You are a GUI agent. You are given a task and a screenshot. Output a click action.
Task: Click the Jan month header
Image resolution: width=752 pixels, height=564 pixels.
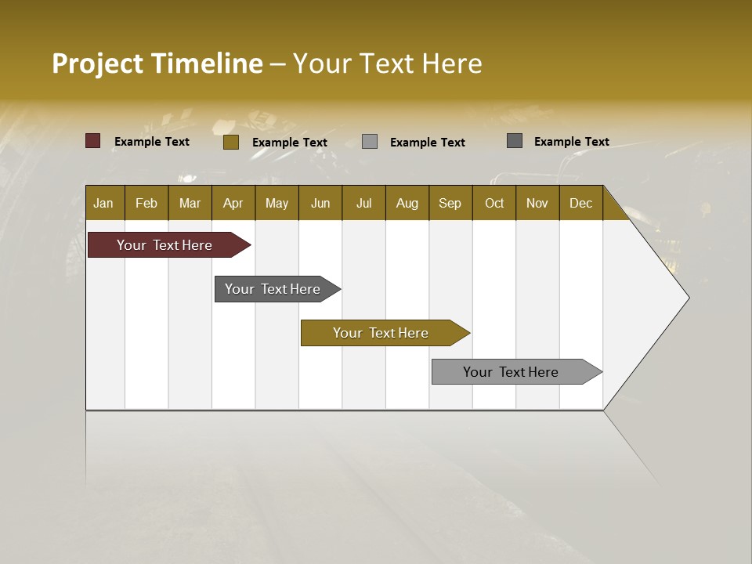[103, 203]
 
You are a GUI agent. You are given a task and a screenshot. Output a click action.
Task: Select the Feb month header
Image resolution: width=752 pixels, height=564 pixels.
[146, 203]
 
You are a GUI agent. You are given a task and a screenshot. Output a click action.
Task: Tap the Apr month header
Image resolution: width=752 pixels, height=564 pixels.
[233, 203]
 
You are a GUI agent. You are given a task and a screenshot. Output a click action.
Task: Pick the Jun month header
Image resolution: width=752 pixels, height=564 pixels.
[320, 203]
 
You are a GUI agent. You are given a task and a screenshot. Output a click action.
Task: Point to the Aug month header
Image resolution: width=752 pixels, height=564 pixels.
[407, 203]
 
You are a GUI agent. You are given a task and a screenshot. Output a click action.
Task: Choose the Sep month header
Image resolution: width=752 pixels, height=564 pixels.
[450, 203]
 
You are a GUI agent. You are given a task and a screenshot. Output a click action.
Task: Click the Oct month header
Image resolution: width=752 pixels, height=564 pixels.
[494, 203]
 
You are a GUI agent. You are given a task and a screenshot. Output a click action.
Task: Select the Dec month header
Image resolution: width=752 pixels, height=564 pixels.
[580, 203]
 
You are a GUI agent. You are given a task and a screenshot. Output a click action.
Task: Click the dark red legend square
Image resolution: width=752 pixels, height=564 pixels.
[93, 141]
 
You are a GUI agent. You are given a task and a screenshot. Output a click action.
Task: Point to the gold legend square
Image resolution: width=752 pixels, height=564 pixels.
[231, 142]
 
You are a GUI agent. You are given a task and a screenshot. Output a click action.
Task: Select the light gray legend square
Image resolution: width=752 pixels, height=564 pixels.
[370, 142]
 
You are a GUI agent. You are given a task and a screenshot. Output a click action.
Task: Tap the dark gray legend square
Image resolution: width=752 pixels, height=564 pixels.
[515, 141]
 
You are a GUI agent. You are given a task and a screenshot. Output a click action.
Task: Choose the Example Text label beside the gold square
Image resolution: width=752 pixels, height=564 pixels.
[290, 143]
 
